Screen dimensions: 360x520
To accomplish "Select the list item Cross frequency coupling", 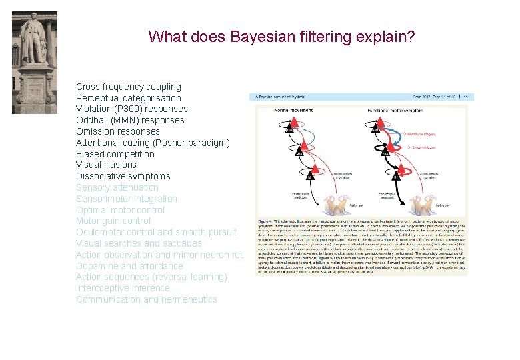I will click(128, 87).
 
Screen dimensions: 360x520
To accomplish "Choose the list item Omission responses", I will click(117, 131).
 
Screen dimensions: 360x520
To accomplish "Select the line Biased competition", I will click(115, 154).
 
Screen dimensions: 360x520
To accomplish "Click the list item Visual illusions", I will click(106, 165).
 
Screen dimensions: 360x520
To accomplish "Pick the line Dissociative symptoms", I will click(123, 176).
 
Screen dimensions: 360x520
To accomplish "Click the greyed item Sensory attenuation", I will click(117, 187).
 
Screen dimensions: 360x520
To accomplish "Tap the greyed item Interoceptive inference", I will click(123, 288).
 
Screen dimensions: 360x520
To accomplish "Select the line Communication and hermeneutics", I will click(146, 299).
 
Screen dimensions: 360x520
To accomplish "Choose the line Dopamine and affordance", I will click(129, 266).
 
